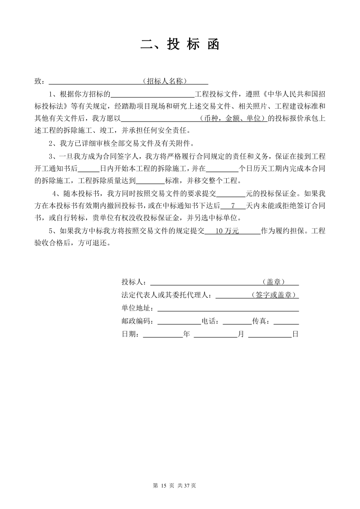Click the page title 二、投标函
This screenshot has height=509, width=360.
pyautogui.click(x=180, y=44)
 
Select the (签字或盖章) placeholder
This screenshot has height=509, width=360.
pyautogui.click(x=273, y=295)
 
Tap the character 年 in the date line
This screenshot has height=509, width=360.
pyautogui.click(x=186, y=334)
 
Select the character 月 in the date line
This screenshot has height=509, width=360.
pyautogui.click(x=241, y=334)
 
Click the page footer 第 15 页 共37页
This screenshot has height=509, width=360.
pyautogui.click(x=175, y=486)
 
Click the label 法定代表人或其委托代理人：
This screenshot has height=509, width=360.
pyautogui.click(x=168, y=295)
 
